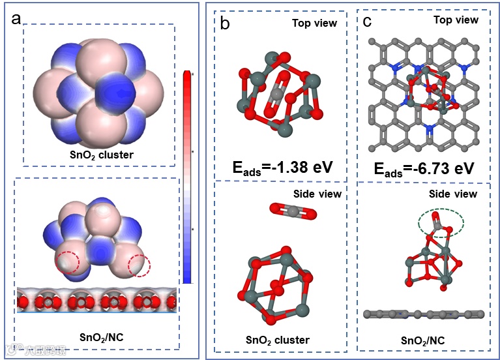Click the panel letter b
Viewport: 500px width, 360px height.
[x=226, y=24]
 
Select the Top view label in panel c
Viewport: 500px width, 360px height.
[x=456, y=20]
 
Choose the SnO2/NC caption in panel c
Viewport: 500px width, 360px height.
[x=423, y=340]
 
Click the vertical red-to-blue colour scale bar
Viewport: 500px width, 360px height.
[x=188, y=176]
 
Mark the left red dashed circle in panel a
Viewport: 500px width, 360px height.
[x=67, y=262]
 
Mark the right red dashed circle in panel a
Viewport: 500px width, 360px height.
[x=139, y=265]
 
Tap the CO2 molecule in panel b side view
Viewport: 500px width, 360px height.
[x=293, y=211]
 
